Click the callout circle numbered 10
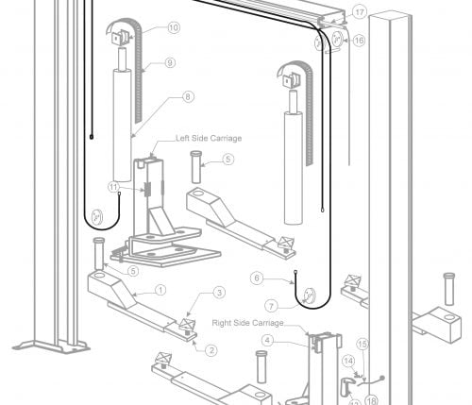click(174, 27)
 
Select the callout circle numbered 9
click(170, 62)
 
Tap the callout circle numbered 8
click(188, 96)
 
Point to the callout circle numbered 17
click(360, 12)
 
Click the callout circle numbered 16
click(359, 41)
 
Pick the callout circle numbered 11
click(113, 187)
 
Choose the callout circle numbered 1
click(160, 290)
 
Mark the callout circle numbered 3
click(219, 292)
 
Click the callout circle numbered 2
click(211, 350)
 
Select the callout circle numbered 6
click(257, 278)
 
